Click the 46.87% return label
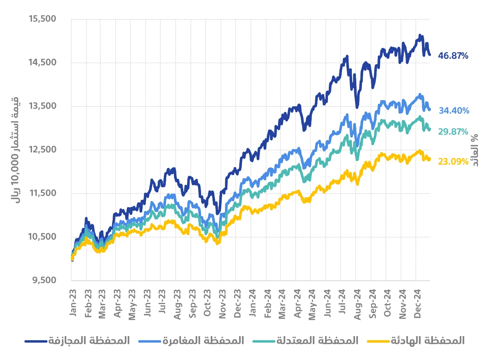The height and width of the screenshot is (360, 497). click(453, 56)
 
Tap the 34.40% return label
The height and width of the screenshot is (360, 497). click(454, 110)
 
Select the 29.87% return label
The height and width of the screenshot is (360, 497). click(454, 131)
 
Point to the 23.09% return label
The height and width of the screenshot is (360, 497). click(453, 161)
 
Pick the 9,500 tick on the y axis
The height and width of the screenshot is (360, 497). click(46, 280)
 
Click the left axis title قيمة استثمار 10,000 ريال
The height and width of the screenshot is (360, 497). click(17, 150)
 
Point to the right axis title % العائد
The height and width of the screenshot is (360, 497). click(475, 150)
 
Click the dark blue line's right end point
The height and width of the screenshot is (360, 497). click(430, 55)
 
